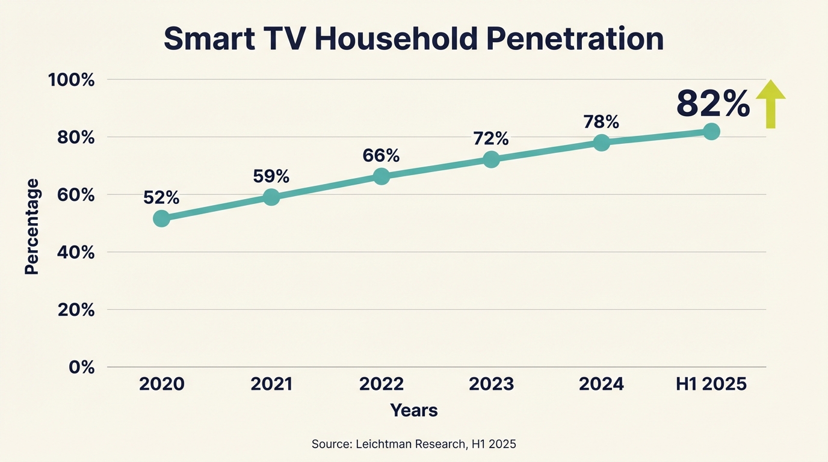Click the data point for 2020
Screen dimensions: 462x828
coord(161,218)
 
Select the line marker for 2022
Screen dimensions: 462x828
coord(381,176)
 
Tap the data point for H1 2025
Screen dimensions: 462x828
coord(711,132)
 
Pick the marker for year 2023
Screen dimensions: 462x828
coord(491,159)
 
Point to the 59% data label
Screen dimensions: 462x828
coord(271,176)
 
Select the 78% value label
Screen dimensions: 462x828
coord(601,122)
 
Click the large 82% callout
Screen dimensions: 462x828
coord(713,103)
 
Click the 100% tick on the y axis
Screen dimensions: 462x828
coord(72,80)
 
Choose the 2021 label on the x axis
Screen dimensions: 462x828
coord(271,384)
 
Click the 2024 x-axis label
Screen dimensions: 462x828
coord(601,384)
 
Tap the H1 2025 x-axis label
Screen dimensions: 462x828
coord(711,384)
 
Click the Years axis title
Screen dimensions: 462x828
coord(414,411)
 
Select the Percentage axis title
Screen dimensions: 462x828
coord(32,226)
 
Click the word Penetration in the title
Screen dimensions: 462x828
coord(575,39)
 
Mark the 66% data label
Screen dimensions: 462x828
coord(381,156)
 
